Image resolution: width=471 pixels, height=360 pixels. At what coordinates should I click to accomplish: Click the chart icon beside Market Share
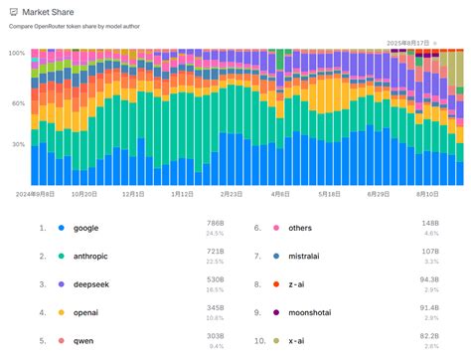point(13,12)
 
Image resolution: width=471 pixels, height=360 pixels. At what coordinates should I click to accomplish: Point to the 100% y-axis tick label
point(16,53)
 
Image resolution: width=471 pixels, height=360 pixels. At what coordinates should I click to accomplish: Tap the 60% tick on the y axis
point(18,103)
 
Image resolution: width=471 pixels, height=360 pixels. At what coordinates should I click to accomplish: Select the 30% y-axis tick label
point(18,144)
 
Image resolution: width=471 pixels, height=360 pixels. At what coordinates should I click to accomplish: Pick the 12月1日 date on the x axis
point(133,196)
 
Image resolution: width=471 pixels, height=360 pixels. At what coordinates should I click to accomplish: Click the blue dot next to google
point(61,228)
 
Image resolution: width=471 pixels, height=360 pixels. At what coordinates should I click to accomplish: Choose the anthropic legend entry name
point(95,256)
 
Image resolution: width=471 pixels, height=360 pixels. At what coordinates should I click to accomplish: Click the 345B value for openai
point(215,310)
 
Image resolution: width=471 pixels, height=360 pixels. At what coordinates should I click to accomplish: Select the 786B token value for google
point(215,225)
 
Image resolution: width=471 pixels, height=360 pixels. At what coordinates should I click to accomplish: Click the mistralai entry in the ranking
point(310,256)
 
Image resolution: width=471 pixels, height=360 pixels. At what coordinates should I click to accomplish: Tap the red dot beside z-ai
point(273,284)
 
